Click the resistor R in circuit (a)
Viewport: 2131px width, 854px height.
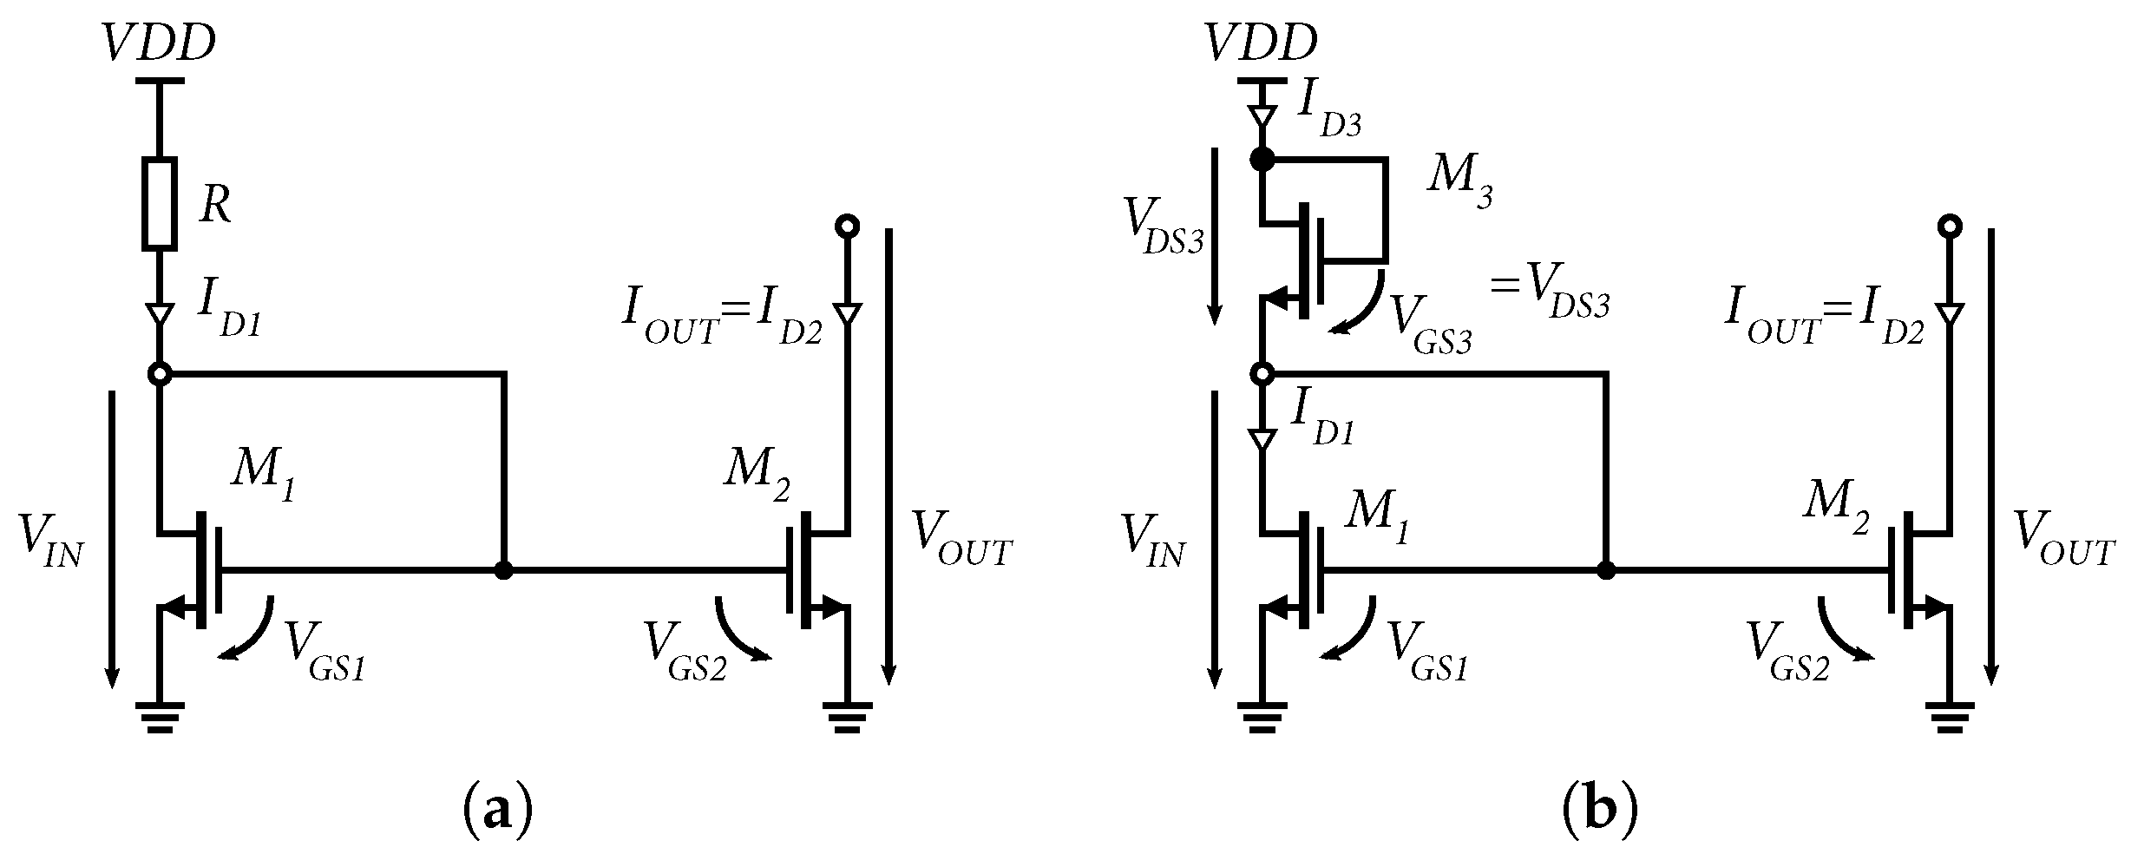click(x=160, y=202)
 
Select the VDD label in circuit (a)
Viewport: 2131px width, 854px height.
click(x=158, y=43)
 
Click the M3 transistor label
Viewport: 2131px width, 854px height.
click(x=1461, y=186)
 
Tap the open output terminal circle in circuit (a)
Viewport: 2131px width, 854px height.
click(x=846, y=227)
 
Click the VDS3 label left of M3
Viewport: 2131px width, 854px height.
click(x=1164, y=229)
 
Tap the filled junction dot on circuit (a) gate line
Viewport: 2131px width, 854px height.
click(x=502, y=570)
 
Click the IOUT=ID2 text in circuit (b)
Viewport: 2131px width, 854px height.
click(x=1824, y=321)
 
